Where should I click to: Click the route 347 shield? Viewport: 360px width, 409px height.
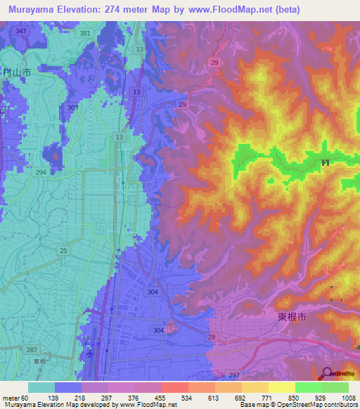[x=22, y=32]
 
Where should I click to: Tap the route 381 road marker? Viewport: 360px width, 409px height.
[x=85, y=33]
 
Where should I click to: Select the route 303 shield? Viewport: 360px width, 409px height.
[x=73, y=108]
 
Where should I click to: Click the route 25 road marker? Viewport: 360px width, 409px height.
[x=64, y=251]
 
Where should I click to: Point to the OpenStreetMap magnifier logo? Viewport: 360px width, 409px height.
[x=328, y=373]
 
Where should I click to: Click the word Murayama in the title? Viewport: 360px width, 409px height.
[x=32, y=10]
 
